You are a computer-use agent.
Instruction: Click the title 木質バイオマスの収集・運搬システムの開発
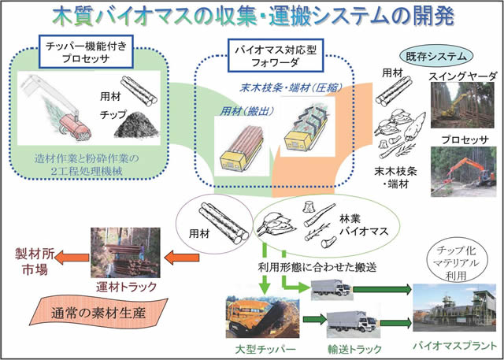pyautogui.click(x=254, y=17)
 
